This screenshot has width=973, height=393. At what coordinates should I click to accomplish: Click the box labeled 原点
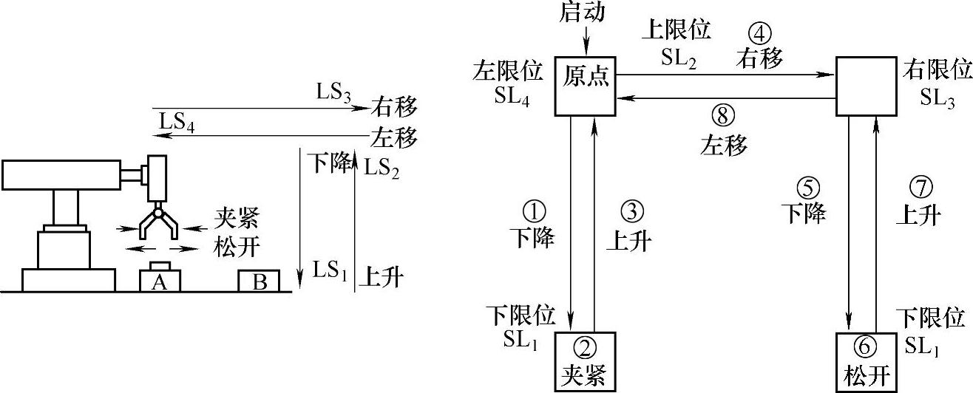pyautogui.click(x=585, y=86)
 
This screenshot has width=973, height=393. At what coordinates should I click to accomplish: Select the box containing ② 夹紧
pyautogui.click(x=585, y=362)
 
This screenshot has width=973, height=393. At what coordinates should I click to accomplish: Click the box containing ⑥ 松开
pyautogui.click(x=865, y=362)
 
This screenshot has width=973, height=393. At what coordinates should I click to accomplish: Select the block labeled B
pyautogui.click(x=258, y=281)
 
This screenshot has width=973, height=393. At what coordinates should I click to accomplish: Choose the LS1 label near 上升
pyautogui.click(x=329, y=270)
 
